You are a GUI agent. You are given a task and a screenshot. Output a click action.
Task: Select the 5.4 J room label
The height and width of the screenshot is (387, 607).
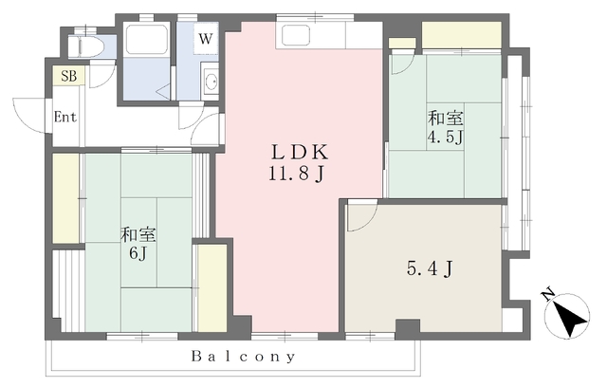[x=428, y=268]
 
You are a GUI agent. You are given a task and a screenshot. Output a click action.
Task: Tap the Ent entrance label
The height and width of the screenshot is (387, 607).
[x=64, y=118]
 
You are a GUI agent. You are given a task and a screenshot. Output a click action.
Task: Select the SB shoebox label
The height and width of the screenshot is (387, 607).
[x=68, y=75]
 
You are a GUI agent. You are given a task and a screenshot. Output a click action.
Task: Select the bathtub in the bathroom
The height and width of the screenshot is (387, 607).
[x=147, y=43]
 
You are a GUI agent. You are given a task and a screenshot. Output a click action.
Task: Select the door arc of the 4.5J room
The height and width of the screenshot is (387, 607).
[x=402, y=59]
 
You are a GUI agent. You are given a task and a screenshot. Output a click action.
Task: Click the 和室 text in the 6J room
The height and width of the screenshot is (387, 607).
[x=138, y=233]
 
